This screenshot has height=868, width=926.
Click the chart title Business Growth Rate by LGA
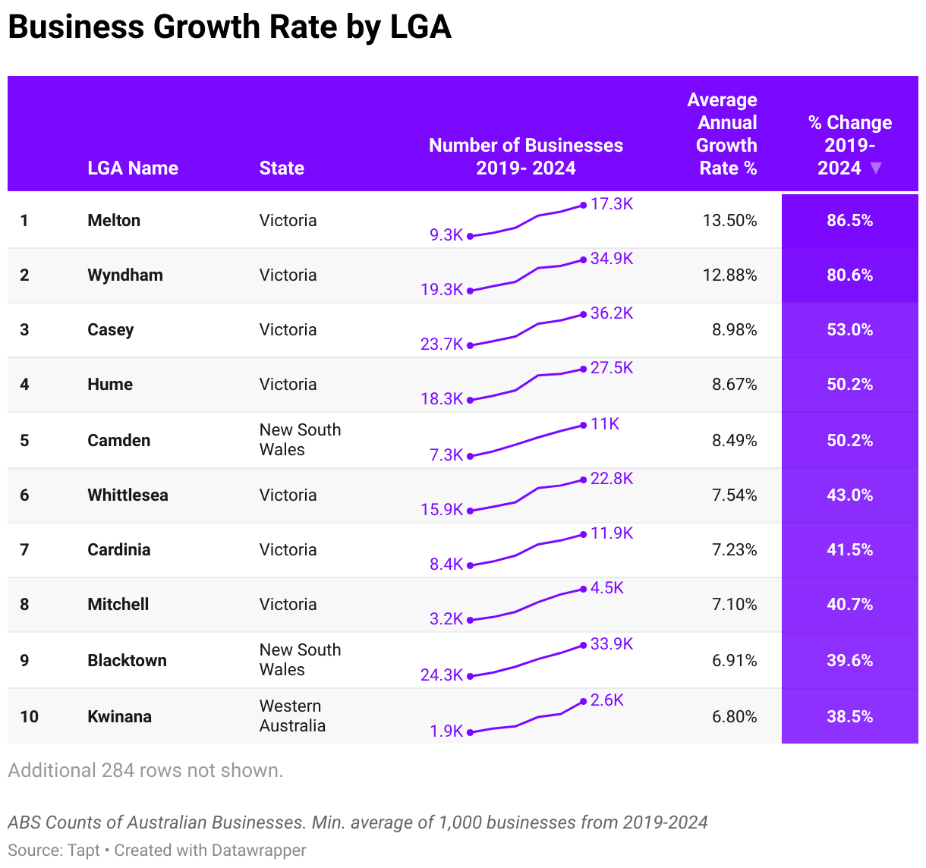click(229, 27)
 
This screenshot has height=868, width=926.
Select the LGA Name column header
click(133, 168)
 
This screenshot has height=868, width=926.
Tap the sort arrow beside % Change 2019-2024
click(876, 168)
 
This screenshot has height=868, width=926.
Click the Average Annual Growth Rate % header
click(723, 134)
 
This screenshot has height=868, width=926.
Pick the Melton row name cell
click(114, 220)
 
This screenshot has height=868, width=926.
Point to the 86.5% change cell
click(849, 220)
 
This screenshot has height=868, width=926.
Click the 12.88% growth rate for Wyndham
click(729, 275)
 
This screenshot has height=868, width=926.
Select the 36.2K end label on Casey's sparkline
click(612, 313)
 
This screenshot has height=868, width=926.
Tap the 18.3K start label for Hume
click(442, 398)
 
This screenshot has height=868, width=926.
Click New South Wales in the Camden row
click(300, 439)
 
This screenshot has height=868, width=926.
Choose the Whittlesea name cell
click(128, 495)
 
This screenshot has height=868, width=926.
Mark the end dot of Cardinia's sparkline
click(584, 534)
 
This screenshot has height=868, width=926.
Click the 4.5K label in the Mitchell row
click(607, 588)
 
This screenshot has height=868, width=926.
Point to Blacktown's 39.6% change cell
click(849, 660)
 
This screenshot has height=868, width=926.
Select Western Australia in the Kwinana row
click(292, 715)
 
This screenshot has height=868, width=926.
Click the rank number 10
click(29, 716)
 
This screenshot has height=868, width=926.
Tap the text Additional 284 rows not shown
click(145, 770)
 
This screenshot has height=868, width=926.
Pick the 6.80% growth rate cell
click(734, 716)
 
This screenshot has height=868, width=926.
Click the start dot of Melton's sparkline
click(470, 236)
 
